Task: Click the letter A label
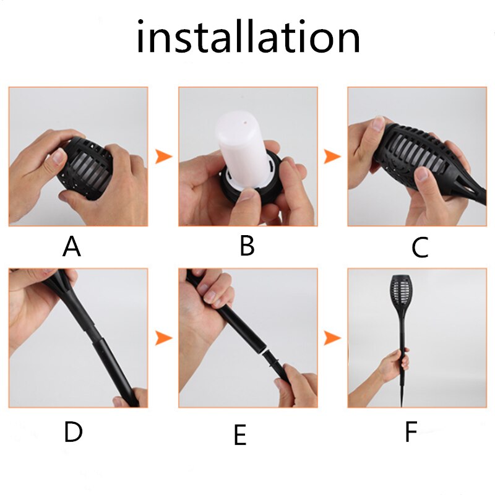click(72, 247)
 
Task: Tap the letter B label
click(247, 246)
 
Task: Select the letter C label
click(420, 248)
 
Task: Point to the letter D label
click(73, 433)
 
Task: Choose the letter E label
click(240, 435)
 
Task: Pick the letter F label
click(411, 432)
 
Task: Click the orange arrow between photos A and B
click(163, 156)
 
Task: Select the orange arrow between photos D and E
click(163, 337)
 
